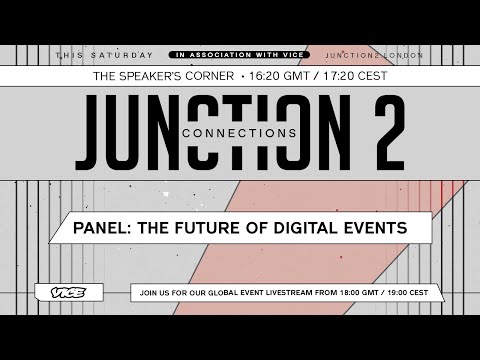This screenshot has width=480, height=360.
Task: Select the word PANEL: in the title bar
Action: tap(101, 228)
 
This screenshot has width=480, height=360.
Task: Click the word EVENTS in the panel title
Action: tap(373, 228)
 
